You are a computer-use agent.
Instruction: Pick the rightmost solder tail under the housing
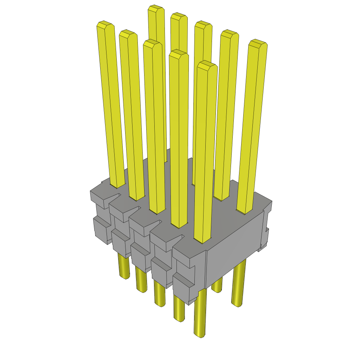tap(238, 285)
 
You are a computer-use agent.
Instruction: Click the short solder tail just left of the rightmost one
tap(217, 285)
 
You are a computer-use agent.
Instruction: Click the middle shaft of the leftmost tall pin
tap(111, 105)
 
